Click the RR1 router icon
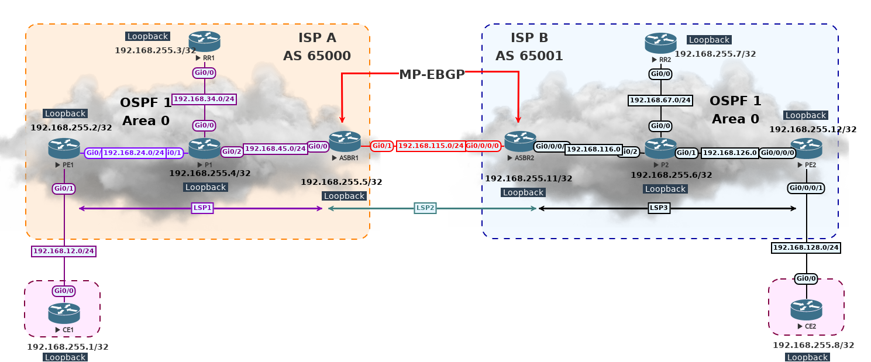(x=204, y=41)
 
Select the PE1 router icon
(x=64, y=149)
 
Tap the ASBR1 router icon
(x=345, y=142)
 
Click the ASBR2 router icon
(x=520, y=142)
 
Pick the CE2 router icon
(x=806, y=310)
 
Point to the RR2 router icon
(x=660, y=43)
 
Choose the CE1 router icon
(x=64, y=313)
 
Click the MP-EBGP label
(x=432, y=74)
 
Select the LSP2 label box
(x=426, y=208)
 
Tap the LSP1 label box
(x=202, y=208)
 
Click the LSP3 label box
(x=659, y=208)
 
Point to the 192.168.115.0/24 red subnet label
(x=431, y=146)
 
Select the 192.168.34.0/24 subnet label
(x=204, y=99)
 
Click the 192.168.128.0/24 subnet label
(x=806, y=248)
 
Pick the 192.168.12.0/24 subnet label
(x=63, y=251)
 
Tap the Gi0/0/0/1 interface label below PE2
(x=806, y=188)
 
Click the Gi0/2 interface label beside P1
(x=232, y=151)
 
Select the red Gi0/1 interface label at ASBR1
(x=382, y=146)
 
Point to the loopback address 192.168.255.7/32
(x=715, y=54)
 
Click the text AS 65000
(x=316, y=56)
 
